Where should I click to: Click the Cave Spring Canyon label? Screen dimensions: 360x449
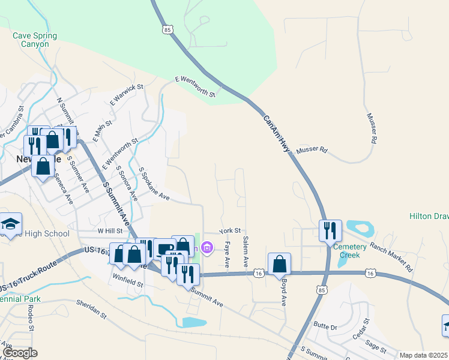point(35,40)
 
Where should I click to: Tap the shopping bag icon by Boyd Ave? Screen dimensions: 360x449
point(280,263)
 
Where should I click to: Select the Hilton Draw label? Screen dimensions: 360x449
point(429,216)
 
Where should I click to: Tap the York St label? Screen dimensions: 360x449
point(229,230)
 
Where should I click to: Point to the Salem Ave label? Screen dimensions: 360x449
point(246,251)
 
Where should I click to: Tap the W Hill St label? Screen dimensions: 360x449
point(109,230)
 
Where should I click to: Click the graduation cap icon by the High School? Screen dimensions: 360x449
point(10,224)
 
